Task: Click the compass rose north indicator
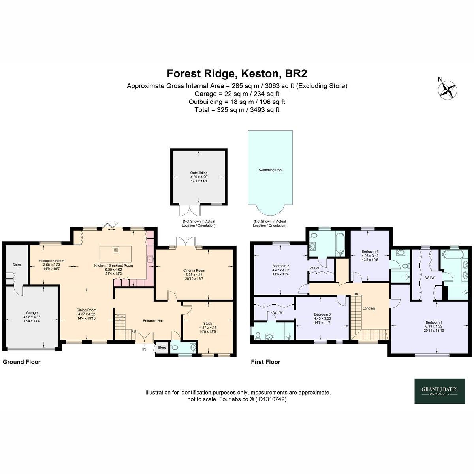click(448, 90)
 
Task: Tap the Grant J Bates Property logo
click(440, 391)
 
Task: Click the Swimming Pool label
click(270, 170)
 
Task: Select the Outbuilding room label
click(199, 177)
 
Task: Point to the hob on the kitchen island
click(116, 250)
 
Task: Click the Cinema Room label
click(194, 275)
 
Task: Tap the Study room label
click(208, 327)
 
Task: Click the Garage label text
click(32, 313)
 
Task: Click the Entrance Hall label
click(153, 321)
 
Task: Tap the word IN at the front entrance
click(144, 349)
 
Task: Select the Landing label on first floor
click(369, 308)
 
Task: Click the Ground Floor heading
click(22, 362)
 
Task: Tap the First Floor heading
click(266, 362)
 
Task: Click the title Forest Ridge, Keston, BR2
click(237, 73)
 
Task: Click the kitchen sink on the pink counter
click(150, 259)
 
